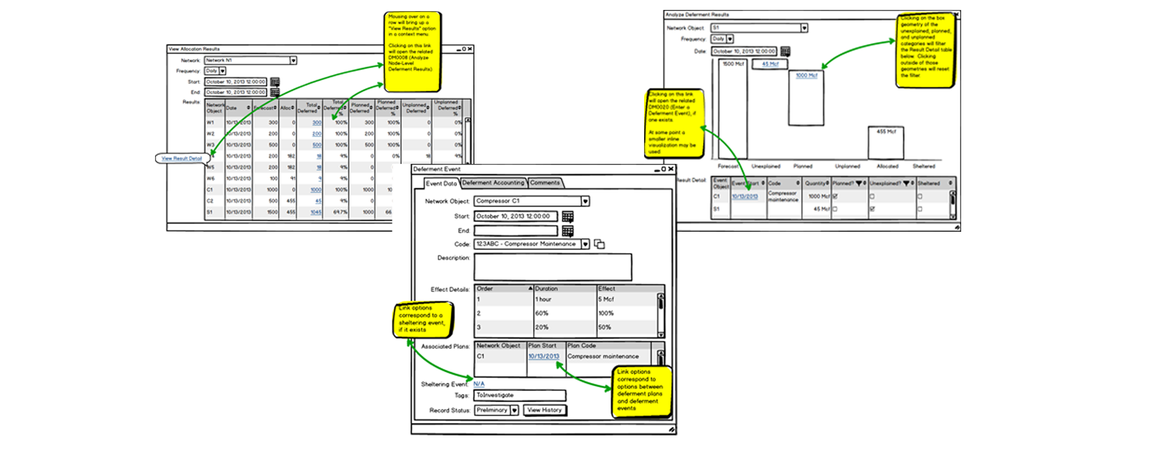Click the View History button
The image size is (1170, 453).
tap(544, 410)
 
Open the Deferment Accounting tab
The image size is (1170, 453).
tap(493, 183)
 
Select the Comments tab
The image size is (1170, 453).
tap(545, 183)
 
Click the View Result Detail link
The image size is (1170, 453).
tap(182, 159)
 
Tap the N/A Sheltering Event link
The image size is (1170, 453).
tap(479, 384)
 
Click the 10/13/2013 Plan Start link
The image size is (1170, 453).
tap(543, 356)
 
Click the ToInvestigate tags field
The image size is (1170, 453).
tap(519, 396)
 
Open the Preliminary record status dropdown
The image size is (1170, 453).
tap(514, 410)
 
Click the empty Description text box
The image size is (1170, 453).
tap(552, 267)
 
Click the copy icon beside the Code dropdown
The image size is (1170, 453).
tap(599, 244)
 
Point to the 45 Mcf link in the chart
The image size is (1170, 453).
tap(770, 64)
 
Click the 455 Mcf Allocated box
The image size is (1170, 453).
tap(886, 143)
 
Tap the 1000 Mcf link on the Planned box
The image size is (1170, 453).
tap(806, 75)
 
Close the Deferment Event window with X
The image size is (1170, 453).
tap(671, 169)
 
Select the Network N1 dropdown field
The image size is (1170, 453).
tap(250, 60)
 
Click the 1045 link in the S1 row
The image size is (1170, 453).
tap(316, 212)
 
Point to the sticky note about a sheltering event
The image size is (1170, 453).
tap(422, 320)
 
